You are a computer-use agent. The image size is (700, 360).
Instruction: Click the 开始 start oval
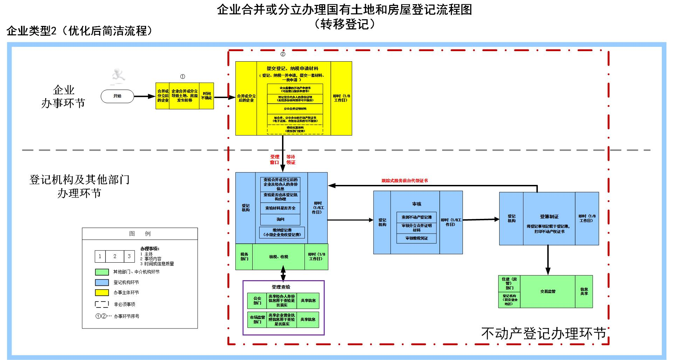tap(117, 96)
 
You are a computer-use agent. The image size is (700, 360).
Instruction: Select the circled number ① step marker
tap(183, 76)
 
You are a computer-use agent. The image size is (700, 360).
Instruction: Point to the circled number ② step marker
tap(283, 54)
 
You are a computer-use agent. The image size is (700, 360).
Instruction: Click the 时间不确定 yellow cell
tap(207, 96)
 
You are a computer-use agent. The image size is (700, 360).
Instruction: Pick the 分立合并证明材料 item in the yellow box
tap(295, 109)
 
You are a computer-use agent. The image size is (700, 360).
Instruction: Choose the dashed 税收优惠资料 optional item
tap(295, 129)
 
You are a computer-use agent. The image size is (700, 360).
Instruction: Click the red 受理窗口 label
tap(274, 160)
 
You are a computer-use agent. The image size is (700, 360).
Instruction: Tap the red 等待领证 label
tap(291, 160)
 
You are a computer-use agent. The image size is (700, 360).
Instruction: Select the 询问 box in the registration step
tap(280, 219)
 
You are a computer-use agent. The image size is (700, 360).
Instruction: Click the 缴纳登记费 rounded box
tap(282, 233)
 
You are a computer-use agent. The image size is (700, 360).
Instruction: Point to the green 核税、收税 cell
tap(279, 257)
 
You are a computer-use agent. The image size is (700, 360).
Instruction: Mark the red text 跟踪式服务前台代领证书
tap(405, 181)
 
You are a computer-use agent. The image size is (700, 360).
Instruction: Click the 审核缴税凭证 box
tap(417, 238)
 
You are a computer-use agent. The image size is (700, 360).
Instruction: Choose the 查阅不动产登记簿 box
tap(417, 217)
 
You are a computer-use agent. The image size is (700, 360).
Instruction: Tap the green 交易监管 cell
tap(548, 291)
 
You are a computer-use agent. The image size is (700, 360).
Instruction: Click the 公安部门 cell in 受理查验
tap(257, 300)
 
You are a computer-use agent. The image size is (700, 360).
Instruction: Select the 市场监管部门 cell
tap(257, 319)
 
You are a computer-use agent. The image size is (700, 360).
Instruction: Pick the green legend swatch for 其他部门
tap(102, 272)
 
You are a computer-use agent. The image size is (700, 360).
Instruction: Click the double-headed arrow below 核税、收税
tap(283, 275)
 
